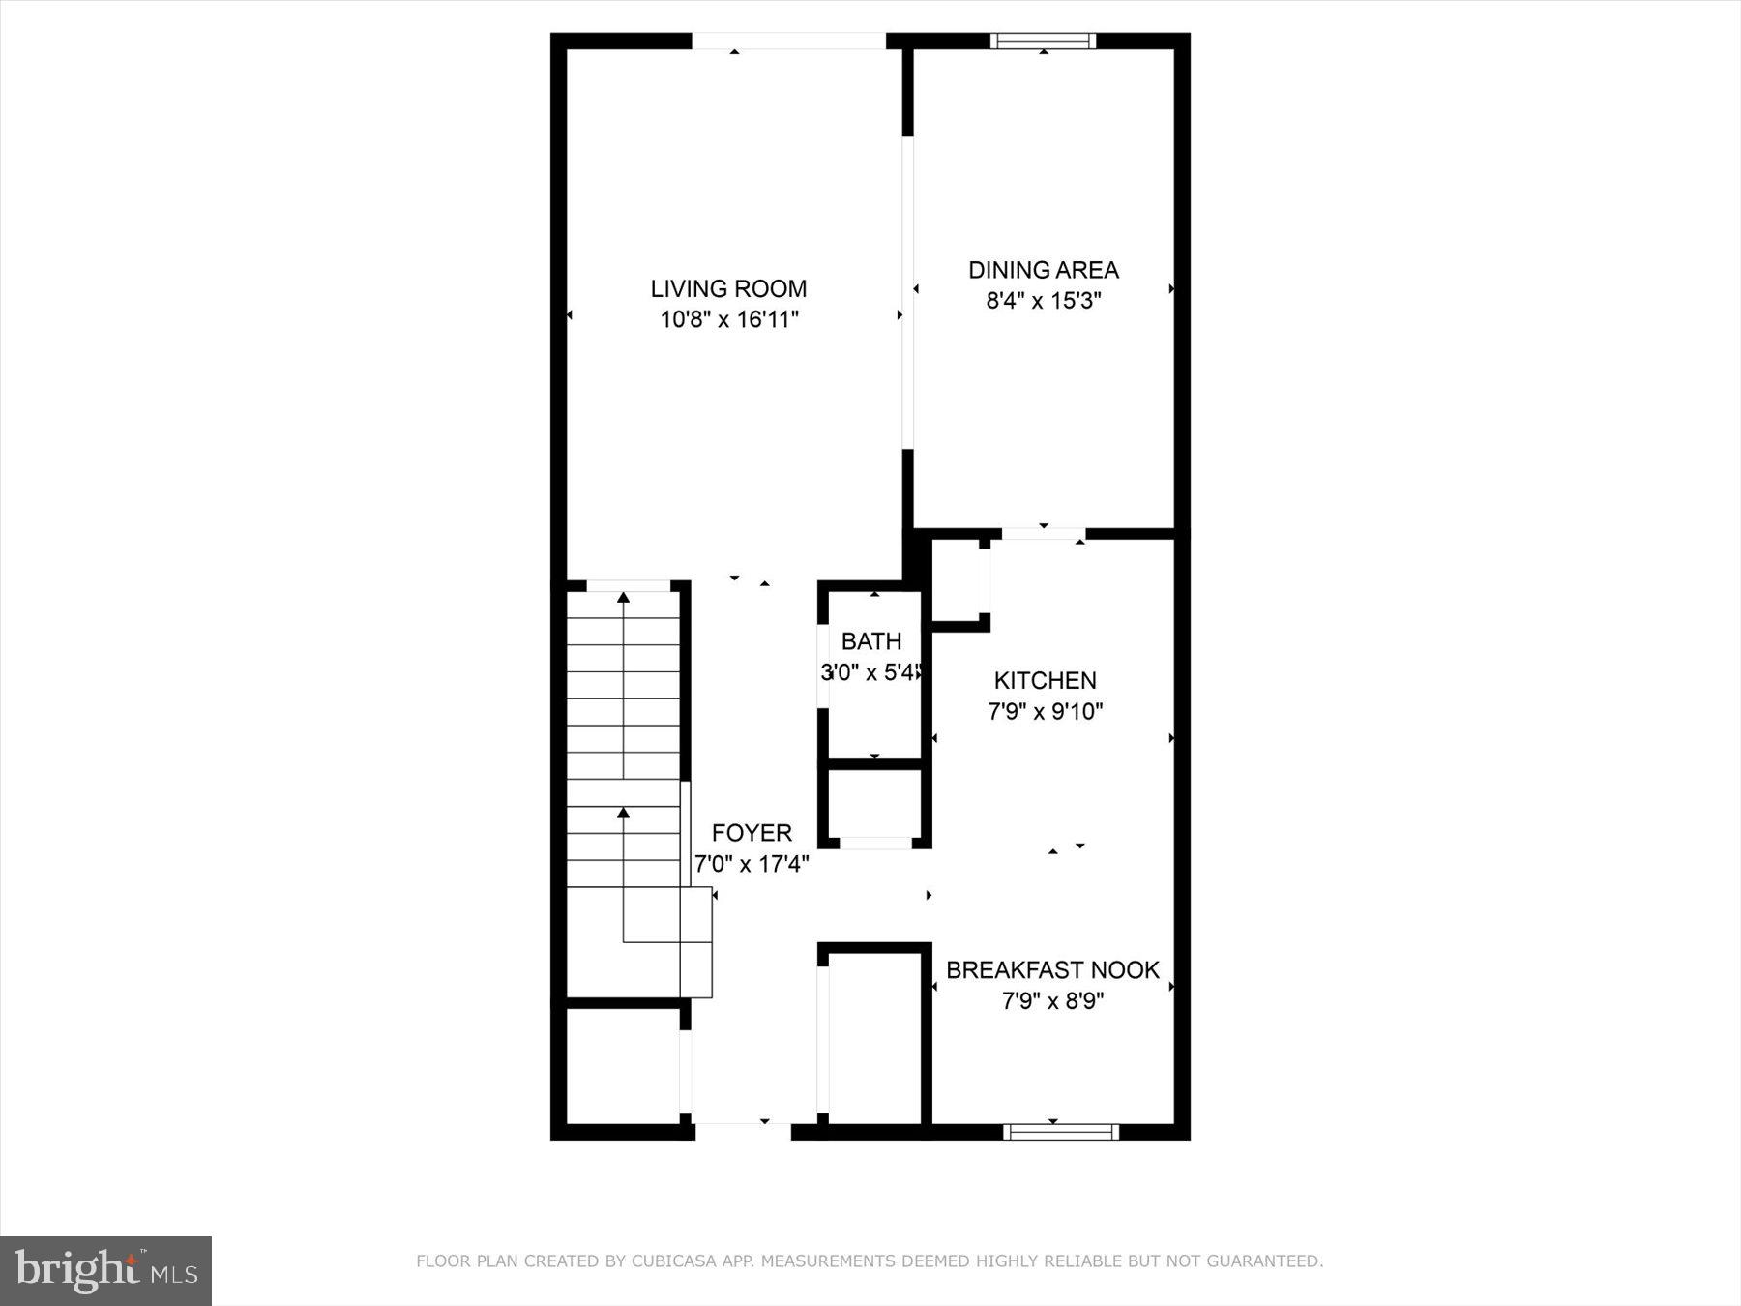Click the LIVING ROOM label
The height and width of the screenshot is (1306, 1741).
[728, 288]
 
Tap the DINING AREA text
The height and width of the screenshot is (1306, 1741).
[1044, 270]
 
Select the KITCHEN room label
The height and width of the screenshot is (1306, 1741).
[1045, 680]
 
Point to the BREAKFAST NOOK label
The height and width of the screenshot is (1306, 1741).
[1052, 970]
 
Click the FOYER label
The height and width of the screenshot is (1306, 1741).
[752, 833]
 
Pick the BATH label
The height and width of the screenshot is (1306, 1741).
[871, 641]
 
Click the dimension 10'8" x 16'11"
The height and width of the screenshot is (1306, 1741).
[728, 319]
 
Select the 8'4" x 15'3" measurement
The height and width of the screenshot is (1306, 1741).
[1044, 301]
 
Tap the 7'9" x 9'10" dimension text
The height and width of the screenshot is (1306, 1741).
[1045, 712]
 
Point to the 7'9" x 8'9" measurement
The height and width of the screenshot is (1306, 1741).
[1052, 1000]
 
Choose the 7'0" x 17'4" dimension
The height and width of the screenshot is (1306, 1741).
[752, 864]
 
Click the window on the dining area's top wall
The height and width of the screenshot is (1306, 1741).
[1043, 41]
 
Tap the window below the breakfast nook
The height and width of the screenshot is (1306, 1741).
[1060, 1132]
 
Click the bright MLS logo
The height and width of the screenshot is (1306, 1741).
[105, 1270]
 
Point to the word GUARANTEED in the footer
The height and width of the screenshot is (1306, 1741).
[1267, 1261]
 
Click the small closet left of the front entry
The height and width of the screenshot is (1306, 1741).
[623, 1066]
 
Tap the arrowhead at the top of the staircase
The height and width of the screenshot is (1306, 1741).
[624, 598]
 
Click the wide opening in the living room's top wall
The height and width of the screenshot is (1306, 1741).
[788, 42]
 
